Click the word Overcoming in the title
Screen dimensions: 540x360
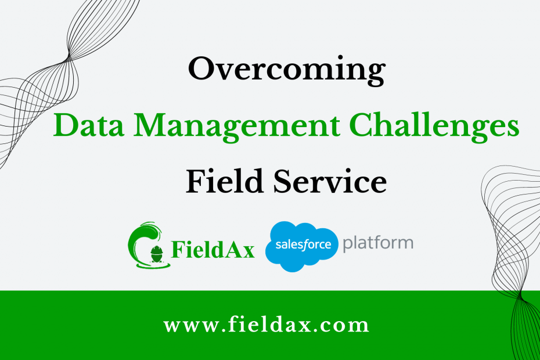(x=286, y=70)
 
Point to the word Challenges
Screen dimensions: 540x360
(x=434, y=127)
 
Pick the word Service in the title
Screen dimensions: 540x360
(x=330, y=181)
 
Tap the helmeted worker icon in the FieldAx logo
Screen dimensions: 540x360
(x=157, y=254)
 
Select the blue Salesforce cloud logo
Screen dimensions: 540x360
(x=302, y=246)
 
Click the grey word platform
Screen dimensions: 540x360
(x=378, y=244)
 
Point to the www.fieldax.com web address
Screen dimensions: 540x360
(x=266, y=325)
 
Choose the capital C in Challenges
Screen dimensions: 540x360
(x=362, y=125)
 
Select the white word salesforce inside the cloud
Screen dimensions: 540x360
(x=303, y=244)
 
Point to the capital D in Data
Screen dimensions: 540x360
(x=65, y=125)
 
